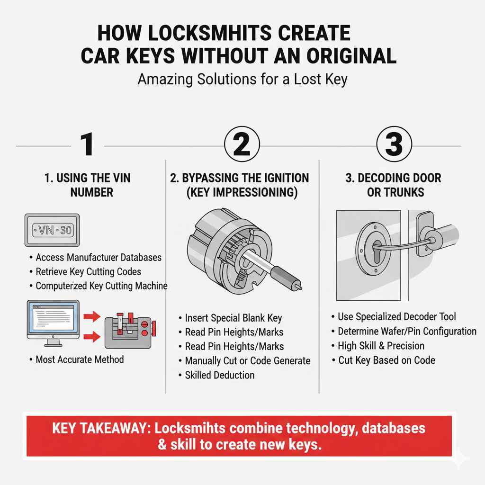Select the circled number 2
pyautogui.click(x=242, y=144)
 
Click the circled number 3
pyautogui.click(x=394, y=144)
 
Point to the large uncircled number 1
pyautogui.click(x=86, y=144)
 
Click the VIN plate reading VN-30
pyautogui.click(x=52, y=230)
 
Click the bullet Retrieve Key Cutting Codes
pyautogui.click(x=88, y=272)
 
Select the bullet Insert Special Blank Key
pyautogui.click(x=234, y=318)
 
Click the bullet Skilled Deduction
pyautogui.click(x=219, y=375)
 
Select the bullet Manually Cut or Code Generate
pyautogui.click(x=247, y=360)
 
